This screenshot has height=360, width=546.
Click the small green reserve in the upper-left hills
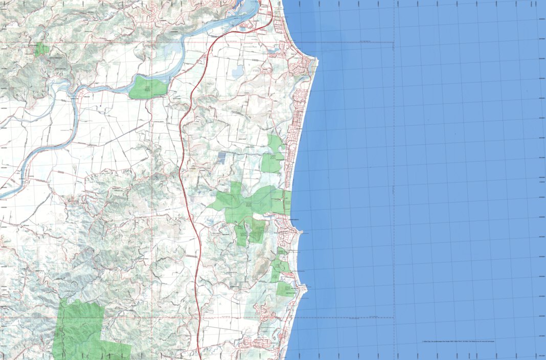[42, 49]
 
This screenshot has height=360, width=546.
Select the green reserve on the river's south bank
[148, 88]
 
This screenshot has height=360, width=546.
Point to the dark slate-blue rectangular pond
[221, 157]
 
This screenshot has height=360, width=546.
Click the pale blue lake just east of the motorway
[238, 73]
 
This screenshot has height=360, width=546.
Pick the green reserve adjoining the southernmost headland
[284, 289]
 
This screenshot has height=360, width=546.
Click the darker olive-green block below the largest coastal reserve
[257, 231]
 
